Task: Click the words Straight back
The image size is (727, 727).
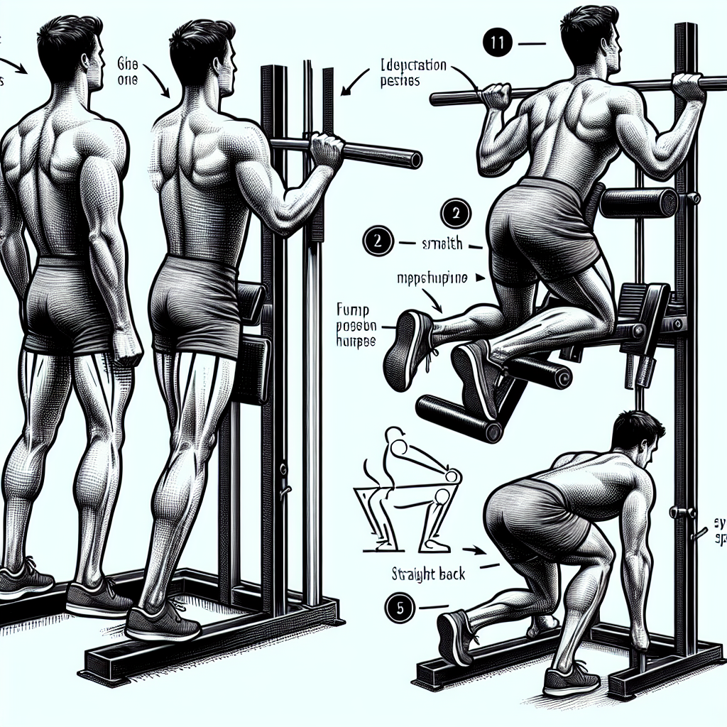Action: click(429, 573)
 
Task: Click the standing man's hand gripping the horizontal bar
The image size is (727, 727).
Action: click(327, 151)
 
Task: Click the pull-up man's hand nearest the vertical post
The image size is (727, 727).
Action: click(688, 87)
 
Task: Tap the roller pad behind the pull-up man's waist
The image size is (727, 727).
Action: click(638, 202)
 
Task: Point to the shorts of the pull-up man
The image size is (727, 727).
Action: click(540, 227)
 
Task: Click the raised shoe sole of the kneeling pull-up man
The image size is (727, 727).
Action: click(407, 346)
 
